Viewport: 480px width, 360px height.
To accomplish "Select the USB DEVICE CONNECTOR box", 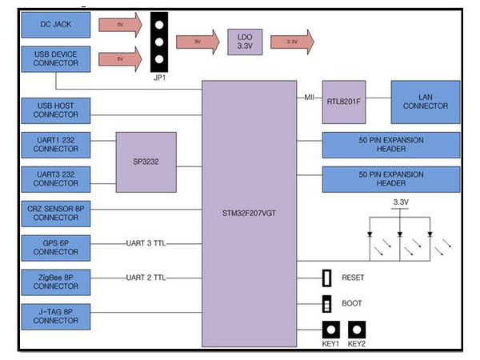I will pos(55,58).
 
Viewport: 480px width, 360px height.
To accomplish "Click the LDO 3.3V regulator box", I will pos(244,41).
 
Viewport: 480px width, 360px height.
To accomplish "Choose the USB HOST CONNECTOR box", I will pos(55,109).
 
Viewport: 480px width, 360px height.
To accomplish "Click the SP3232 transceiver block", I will pos(146,162).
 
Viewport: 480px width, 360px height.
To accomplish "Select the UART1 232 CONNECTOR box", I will pos(55,145).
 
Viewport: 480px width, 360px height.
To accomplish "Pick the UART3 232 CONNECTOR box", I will pos(55,178).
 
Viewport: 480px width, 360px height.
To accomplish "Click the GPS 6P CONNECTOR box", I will pos(55,246).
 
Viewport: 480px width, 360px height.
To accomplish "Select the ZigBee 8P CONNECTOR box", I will pos(55,279).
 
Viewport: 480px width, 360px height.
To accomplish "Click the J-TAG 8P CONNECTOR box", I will pos(55,314).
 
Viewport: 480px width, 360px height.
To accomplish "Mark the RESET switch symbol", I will pos(326,278).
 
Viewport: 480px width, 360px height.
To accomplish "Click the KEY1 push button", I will pos(330,330).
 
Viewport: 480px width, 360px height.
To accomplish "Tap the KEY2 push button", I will pos(358,330).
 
